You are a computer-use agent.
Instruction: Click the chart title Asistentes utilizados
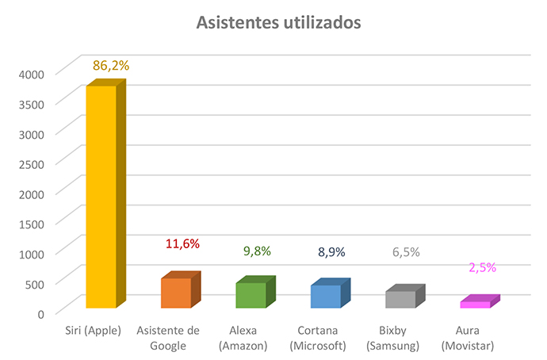278,23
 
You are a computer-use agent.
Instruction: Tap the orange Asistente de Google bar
176,293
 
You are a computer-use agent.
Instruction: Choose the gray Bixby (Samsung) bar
400,299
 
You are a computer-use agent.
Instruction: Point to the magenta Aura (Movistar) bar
475,304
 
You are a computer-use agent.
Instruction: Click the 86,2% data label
111,65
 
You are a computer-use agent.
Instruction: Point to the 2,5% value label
482,267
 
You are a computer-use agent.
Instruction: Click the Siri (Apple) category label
94,330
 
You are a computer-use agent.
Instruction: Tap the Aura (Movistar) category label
469,338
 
